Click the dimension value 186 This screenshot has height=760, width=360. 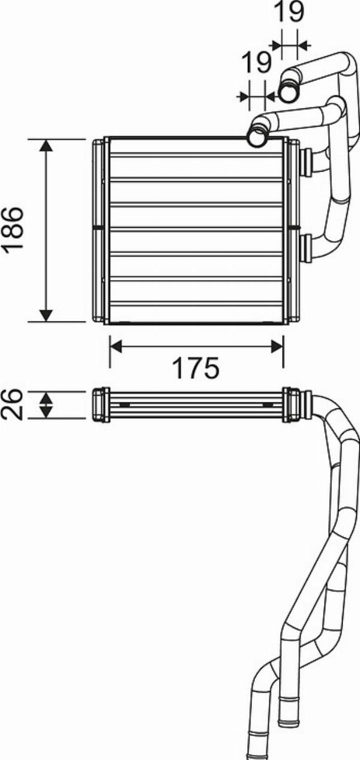13,230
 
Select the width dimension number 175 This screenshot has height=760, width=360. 196,368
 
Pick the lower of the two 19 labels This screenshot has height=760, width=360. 256,63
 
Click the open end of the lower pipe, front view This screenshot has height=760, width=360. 258,136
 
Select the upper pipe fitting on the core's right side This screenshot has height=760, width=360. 306,162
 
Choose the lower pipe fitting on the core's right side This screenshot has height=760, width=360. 306,247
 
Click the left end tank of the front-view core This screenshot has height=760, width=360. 100,231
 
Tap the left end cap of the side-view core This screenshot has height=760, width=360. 100,405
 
